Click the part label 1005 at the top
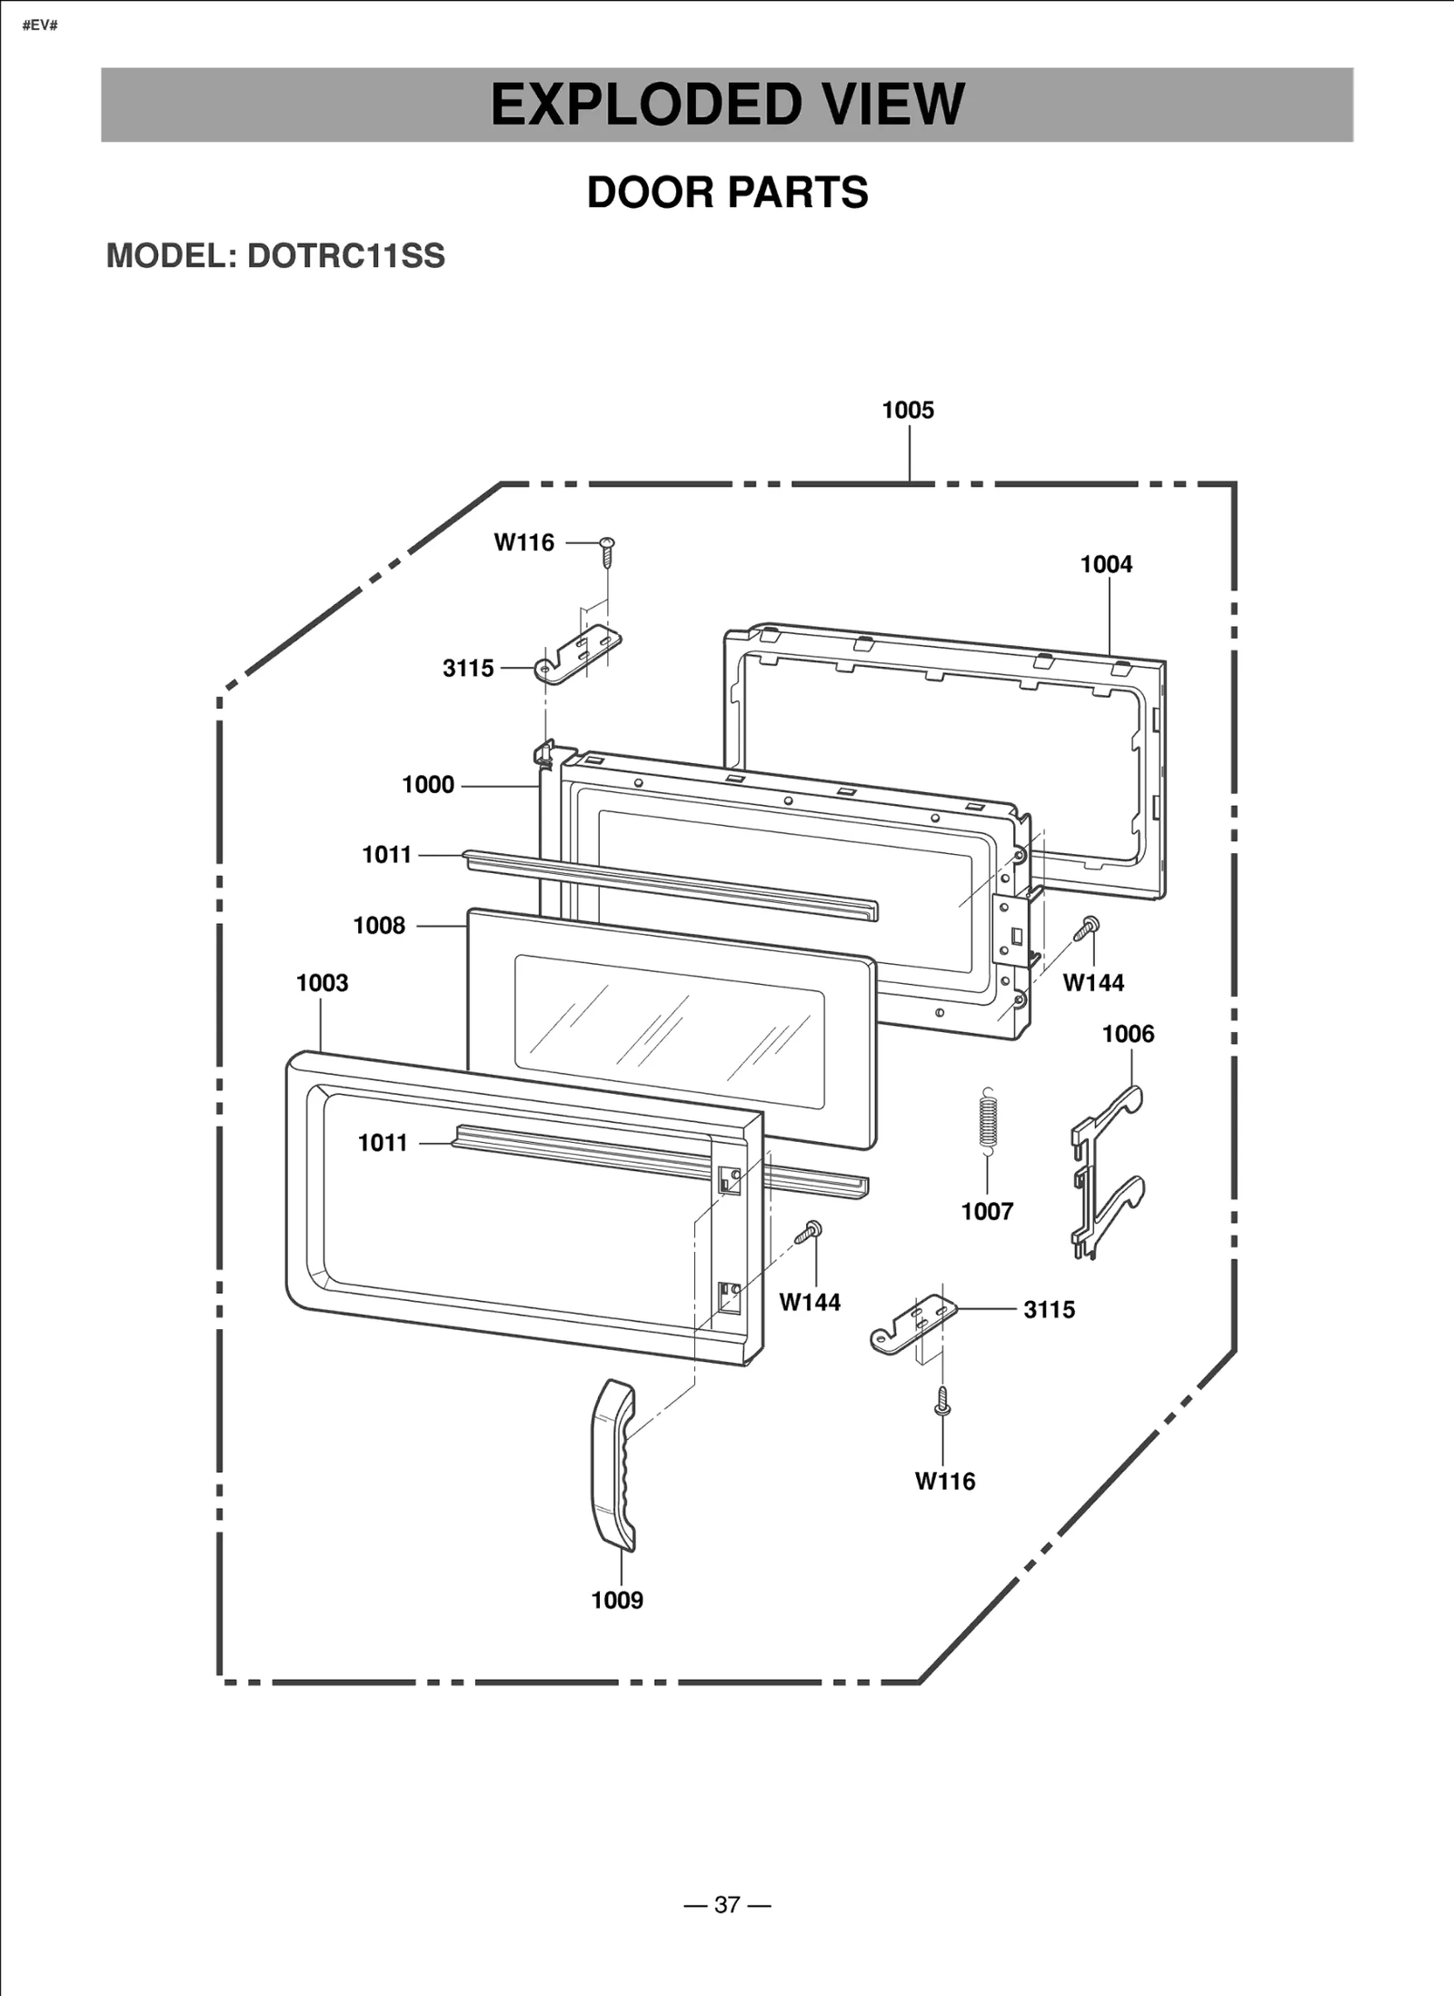pos(907,411)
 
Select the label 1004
pos(1106,564)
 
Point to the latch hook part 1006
pos(1107,1171)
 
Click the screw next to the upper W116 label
pos(607,550)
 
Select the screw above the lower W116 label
pos(942,1401)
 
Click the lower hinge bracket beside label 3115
pos(912,1323)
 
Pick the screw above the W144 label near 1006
pos(1087,928)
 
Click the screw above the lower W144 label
pos(808,1233)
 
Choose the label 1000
pos(428,785)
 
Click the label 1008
pos(379,926)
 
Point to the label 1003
pos(322,983)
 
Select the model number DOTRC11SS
pos(346,256)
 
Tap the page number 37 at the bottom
pos(727,1904)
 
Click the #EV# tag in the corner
pos(40,25)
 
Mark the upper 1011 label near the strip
pos(387,855)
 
